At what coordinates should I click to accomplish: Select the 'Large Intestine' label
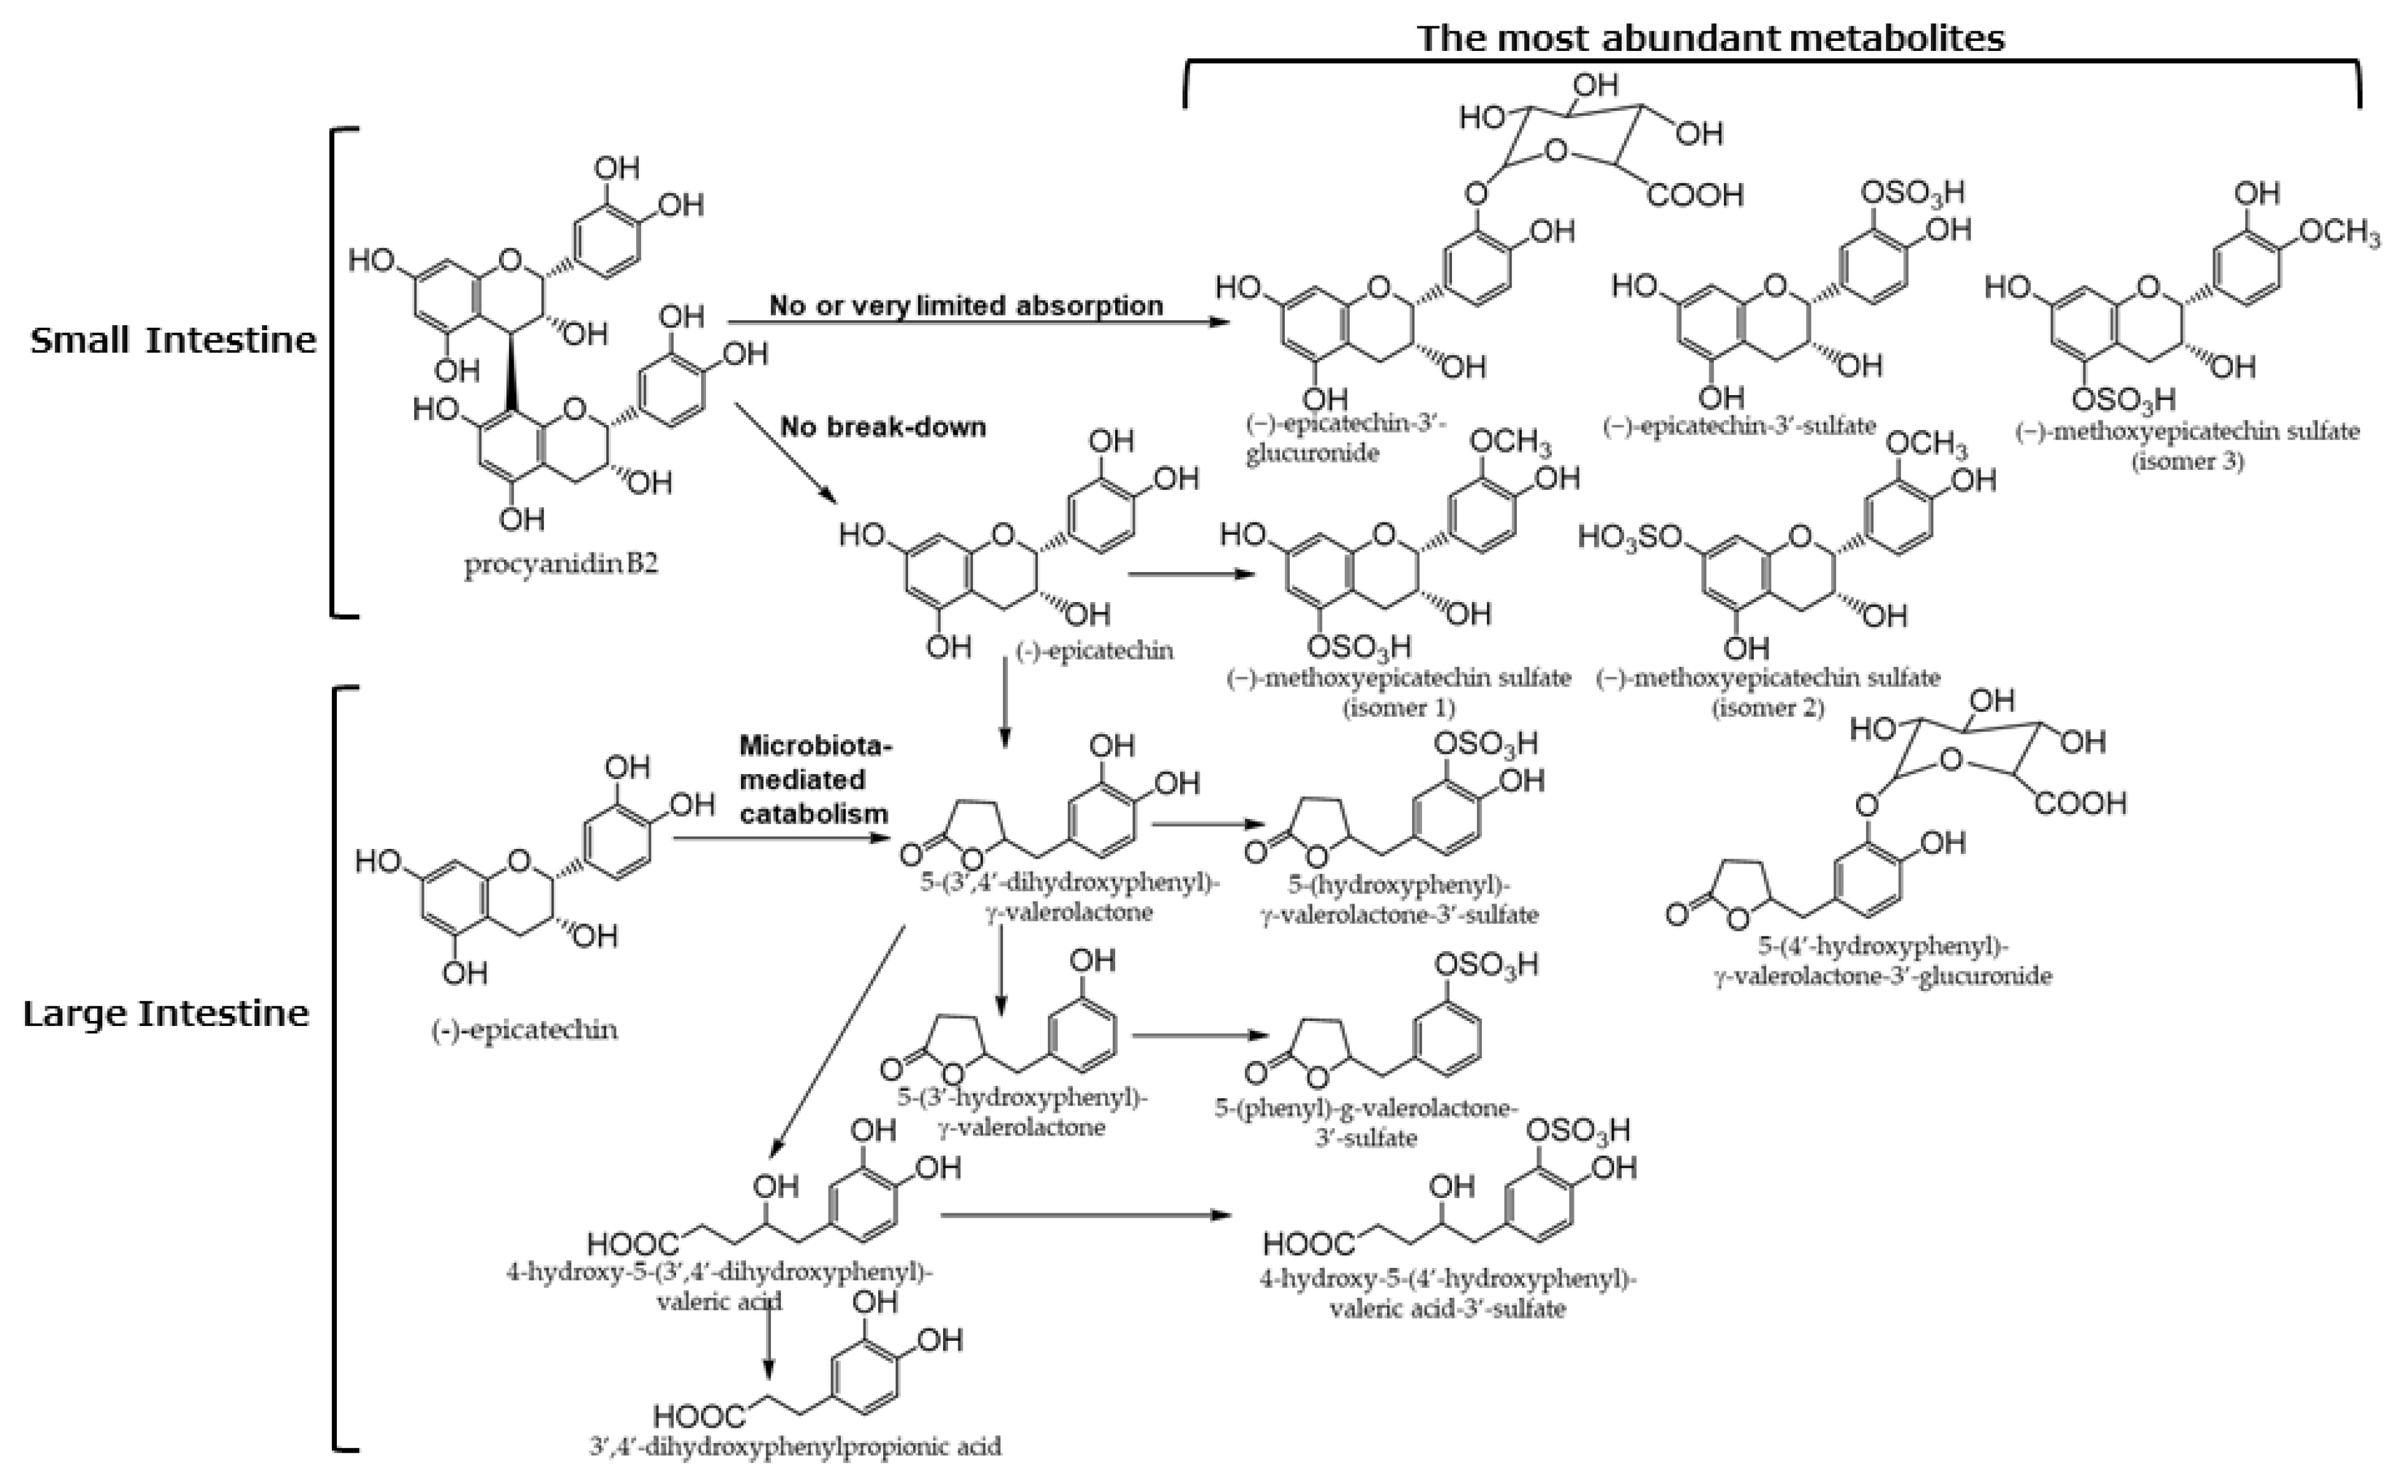coord(165,1014)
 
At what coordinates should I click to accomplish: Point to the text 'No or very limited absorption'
coord(966,306)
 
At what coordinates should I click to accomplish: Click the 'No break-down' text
coord(882,427)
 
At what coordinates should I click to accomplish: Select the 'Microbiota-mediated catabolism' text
coord(814,779)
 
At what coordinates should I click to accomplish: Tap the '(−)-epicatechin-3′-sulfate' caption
coord(1739,426)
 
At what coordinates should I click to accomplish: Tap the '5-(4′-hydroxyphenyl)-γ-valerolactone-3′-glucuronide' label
coord(1882,960)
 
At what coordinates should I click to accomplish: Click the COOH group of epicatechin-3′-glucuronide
coord(1694,195)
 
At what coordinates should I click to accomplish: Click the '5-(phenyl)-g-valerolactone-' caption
coord(1366,1109)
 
